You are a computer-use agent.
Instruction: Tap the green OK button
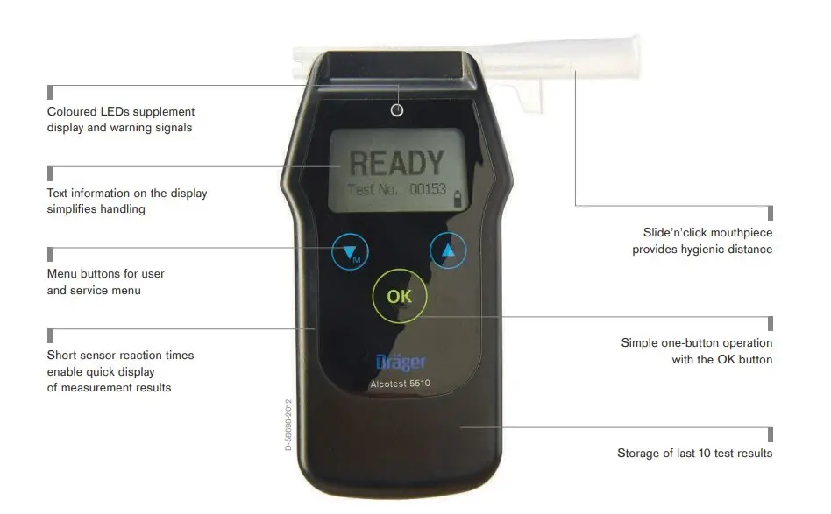pyautogui.click(x=399, y=296)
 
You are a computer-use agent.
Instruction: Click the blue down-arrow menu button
pyautogui.click(x=350, y=252)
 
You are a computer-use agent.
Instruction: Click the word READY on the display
pyautogui.click(x=396, y=163)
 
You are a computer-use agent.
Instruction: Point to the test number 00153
pyautogui.click(x=428, y=189)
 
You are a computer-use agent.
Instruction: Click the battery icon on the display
pyautogui.click(x=458, y=199)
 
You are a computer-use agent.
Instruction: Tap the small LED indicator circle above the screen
pyautogui.click(x=397, y=110)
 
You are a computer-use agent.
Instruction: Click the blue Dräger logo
pyautogui.click(x=400, y=362)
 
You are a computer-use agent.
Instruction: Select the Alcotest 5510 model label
pyautogui.click(x=400, y=384)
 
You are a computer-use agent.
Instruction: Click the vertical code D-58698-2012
pyautogui.click(x=288, y=425)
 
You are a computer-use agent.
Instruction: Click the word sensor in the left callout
pyautogui.click(x=96, y=356)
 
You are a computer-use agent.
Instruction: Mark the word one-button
pyautogui.click(x=685, y=343)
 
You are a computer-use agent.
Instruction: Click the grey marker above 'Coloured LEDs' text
pyautogui.click(x=50, y=92)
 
